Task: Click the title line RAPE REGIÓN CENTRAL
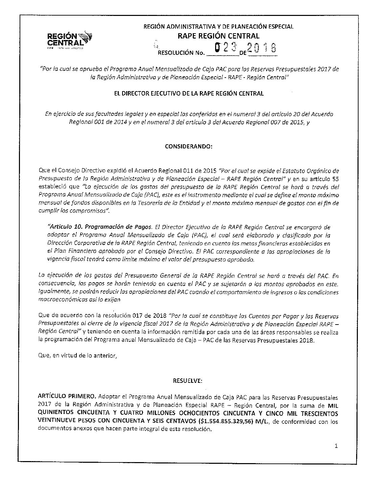click(x=218, y=36)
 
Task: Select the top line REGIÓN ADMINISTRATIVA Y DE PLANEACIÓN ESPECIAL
click(x=218, y=26)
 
